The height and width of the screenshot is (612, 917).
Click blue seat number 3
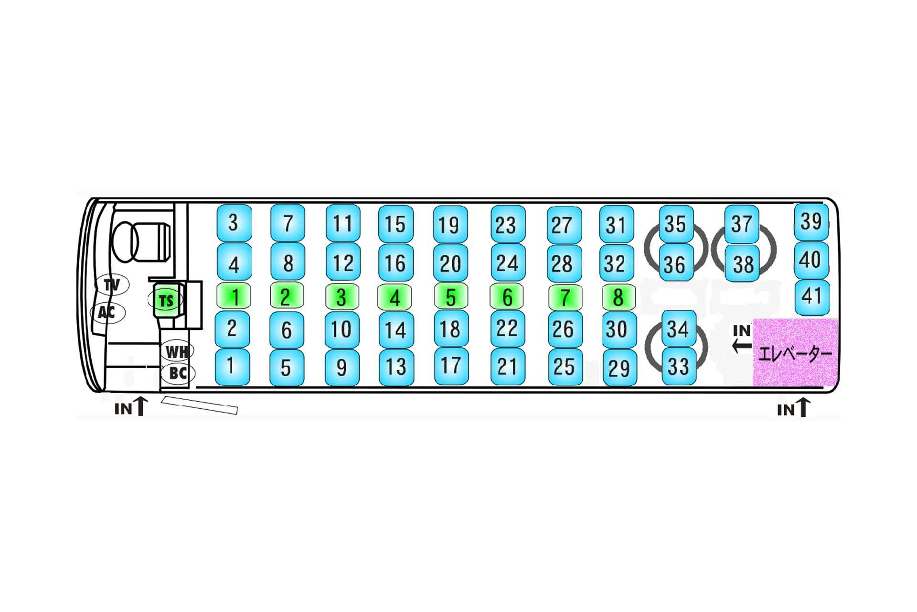pos(234,223)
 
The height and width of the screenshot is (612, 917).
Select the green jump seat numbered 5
pos(450,297)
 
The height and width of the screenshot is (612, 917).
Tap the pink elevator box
pos(795,352)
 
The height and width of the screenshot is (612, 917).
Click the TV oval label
pos(112,285)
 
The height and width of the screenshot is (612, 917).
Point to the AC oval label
pos(107,313)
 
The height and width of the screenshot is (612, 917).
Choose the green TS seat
pos(166,301)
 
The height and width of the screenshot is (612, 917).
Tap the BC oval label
pos(178,373)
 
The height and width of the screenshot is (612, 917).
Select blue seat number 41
pos(811,296)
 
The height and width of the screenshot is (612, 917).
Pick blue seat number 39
pos(811,222)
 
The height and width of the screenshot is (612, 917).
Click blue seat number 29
pos(619,368)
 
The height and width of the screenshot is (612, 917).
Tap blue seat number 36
pos(675,264)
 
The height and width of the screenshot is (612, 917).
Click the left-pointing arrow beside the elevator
pos(742,345)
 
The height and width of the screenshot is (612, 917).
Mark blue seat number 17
pos(450,366)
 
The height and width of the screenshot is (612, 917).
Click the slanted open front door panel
pos(199,404)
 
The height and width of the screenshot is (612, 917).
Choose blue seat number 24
pos(507,263)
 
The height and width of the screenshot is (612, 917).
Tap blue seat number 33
pos(678,367)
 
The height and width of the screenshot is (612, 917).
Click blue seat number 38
pos(743,264)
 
